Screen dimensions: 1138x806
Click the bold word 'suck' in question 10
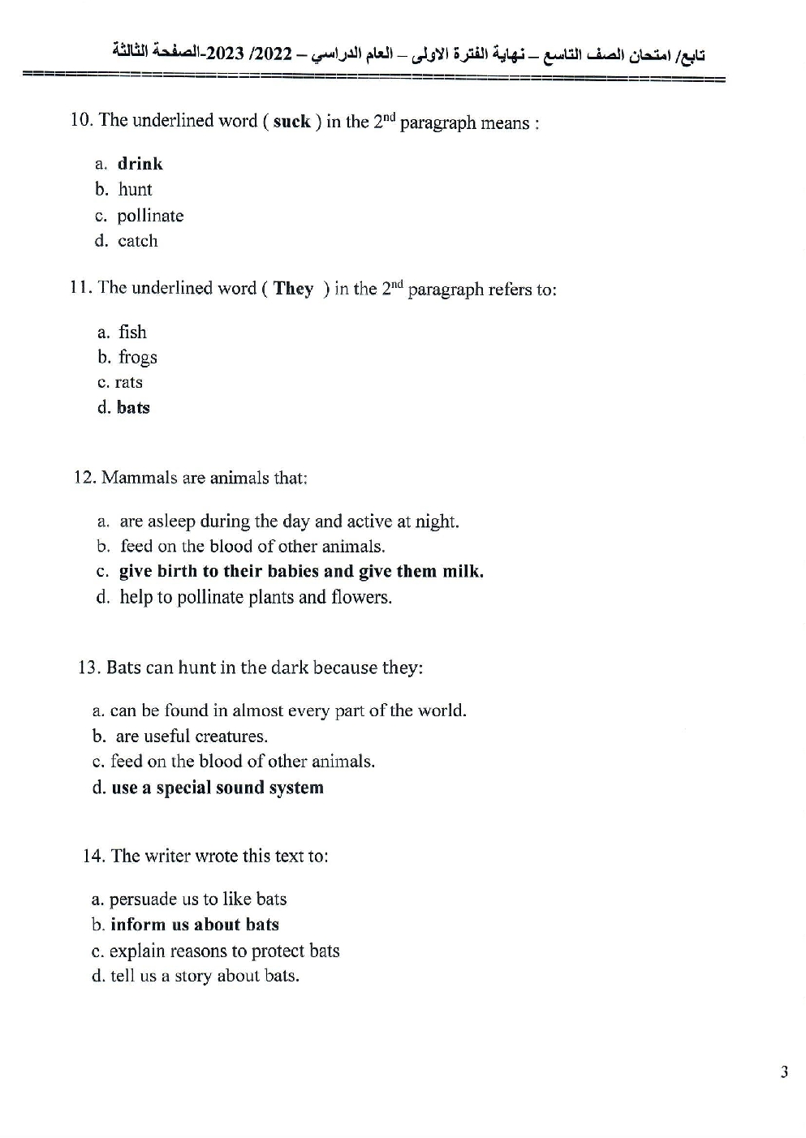pos(291,122)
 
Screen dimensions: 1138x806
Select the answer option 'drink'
pos(140,164)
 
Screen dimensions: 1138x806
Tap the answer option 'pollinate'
pos(150,216)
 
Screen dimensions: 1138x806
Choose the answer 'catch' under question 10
pos(137,241)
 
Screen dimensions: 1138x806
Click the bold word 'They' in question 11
pos(293,289)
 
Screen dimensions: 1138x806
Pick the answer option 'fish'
pos(132,332)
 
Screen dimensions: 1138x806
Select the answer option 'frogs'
pos(137,357)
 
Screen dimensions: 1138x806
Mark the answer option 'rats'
pos(128,382)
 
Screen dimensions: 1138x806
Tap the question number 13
pos(88,668)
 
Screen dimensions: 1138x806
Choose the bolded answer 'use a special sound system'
pos(217,788)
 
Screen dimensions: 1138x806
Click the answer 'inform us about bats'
pos(194,925)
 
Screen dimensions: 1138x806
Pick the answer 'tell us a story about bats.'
pos(205,976)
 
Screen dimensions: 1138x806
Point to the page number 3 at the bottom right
pos(784,1072)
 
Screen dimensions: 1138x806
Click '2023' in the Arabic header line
pos(228,54)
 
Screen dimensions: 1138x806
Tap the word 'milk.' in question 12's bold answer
pos(463,571)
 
